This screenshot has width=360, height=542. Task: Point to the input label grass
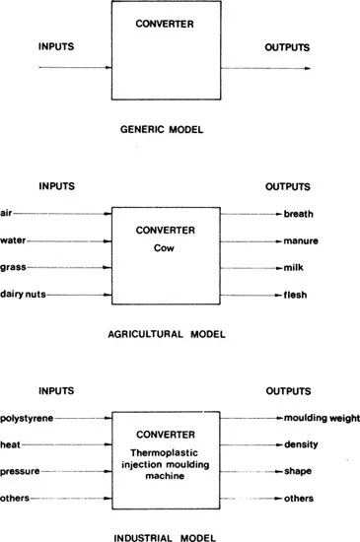(13, 267)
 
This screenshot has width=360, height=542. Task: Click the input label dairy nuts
(23, 295)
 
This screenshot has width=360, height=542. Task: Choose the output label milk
(293, 267)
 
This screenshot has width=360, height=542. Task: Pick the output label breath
(299, 213)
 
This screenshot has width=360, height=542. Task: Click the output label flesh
(295, 295)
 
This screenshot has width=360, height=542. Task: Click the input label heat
(11, 443)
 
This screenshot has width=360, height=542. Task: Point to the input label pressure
(20, 470)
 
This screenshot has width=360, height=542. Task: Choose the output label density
(300, 443)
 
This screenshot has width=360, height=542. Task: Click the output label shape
(298, 470)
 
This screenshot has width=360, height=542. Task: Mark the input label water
(13, 240)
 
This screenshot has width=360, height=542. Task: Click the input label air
(7, 213)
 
